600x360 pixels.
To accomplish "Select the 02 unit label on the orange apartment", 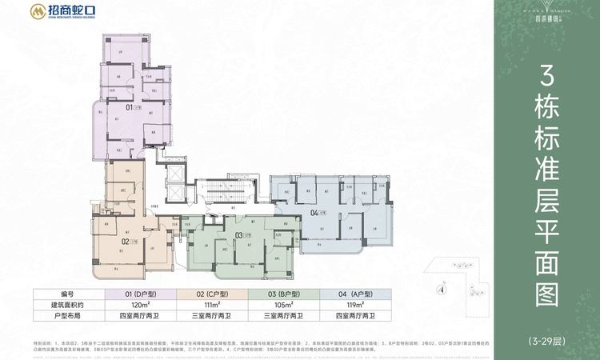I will pos(126,239).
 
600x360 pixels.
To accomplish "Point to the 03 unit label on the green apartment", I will pos(239,234).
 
